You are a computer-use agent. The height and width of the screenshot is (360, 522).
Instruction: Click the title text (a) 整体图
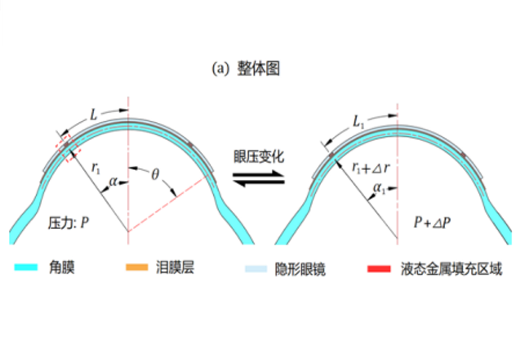point(246,68)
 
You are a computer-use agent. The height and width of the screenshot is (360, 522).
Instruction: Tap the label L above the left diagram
point(94,115)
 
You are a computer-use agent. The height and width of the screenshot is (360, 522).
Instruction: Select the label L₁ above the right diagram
point(358,122)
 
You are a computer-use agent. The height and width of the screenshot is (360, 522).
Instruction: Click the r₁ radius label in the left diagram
point(96,168)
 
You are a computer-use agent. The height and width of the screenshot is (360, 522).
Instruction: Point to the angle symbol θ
point(155,175)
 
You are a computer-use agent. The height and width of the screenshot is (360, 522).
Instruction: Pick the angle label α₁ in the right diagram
point(379,188)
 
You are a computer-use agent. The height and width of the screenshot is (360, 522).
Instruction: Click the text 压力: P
point(68,223)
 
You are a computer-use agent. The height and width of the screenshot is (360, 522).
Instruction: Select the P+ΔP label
point(432,223)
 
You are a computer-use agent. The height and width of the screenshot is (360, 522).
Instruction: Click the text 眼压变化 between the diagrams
point(258,157)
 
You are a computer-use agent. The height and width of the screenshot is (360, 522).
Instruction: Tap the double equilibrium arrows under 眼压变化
point(258,179)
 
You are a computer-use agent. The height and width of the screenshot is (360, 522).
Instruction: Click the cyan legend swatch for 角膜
point(26,267)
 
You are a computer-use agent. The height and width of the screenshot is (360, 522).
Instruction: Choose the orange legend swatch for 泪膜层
point(137,267)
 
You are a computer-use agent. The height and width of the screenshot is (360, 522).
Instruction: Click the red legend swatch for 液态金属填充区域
point(379,269)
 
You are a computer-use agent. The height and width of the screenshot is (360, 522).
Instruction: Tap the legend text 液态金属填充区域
point(451,269)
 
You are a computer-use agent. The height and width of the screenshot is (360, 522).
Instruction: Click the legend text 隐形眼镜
point(300,269)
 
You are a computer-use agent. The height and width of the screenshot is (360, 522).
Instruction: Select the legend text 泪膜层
point(175,267)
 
